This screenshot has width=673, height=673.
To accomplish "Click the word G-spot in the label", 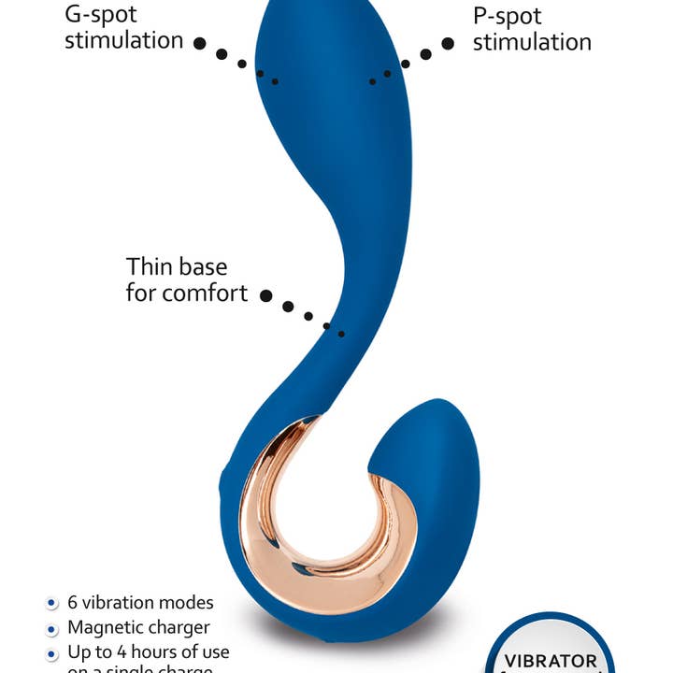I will [100, 14].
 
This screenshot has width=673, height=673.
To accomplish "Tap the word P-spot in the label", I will [508, 16].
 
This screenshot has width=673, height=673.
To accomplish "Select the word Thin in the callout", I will [152, 267].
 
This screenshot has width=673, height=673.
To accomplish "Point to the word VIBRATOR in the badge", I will [551, 661].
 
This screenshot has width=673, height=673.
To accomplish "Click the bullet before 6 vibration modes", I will [50, 603].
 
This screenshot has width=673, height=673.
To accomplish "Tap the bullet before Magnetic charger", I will [50, 628].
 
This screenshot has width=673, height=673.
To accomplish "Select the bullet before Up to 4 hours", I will [50, 652].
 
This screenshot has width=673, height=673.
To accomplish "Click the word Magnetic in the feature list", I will [103, 627].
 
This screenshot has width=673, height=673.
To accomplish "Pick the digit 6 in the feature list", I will [73, 603].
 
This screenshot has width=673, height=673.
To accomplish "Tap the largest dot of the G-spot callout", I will [200, 43].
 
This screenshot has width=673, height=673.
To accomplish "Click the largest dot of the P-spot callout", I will [448, 43].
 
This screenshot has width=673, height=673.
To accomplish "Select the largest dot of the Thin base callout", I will [266, 295].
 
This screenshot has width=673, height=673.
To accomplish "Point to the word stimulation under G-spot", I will [123, 40].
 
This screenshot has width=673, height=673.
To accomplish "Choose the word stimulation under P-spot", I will [532, 42].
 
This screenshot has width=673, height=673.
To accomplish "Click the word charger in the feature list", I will [177, 628].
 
